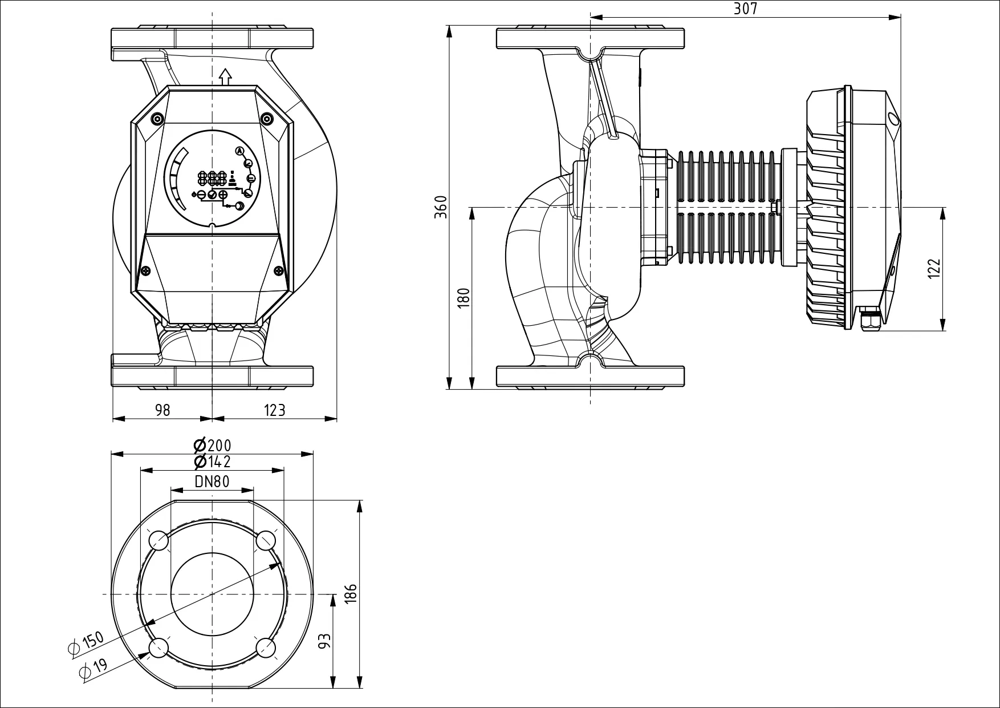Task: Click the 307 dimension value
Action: (x=746, y=9)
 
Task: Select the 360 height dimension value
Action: (x=441, y=206)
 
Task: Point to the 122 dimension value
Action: (x=934, y=269)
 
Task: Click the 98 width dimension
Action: (x=162, y=410)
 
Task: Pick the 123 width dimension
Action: (x=274, y=410)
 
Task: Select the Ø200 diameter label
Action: (x=213, y=445)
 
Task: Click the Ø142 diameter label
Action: (x=213, y=462)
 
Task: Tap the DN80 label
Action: (x=212, y=482)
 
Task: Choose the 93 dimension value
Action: (x=324, y=641)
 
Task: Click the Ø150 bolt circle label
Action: (x=86, y=643)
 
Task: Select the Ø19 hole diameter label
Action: (x=93, y=669)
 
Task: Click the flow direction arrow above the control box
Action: (x=225, y=76)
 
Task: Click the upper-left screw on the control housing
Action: (x=157, y=119)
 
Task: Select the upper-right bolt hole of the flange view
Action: (x=266, y=540)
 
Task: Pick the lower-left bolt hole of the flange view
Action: (x=158, y=648)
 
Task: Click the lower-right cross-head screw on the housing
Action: (x=279, y=270)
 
